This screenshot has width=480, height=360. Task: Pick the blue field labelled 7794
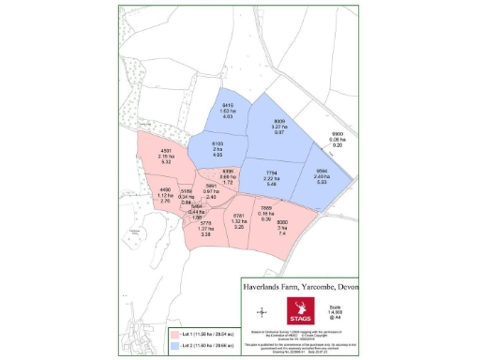click(x=271, y=176)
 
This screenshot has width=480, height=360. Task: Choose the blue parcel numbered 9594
click(x=321, y=176)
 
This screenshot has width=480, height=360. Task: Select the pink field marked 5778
click(x=205, y=231)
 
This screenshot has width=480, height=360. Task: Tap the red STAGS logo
click(x=303, y=310)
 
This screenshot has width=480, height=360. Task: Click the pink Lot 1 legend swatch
click(x=174, y=332)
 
